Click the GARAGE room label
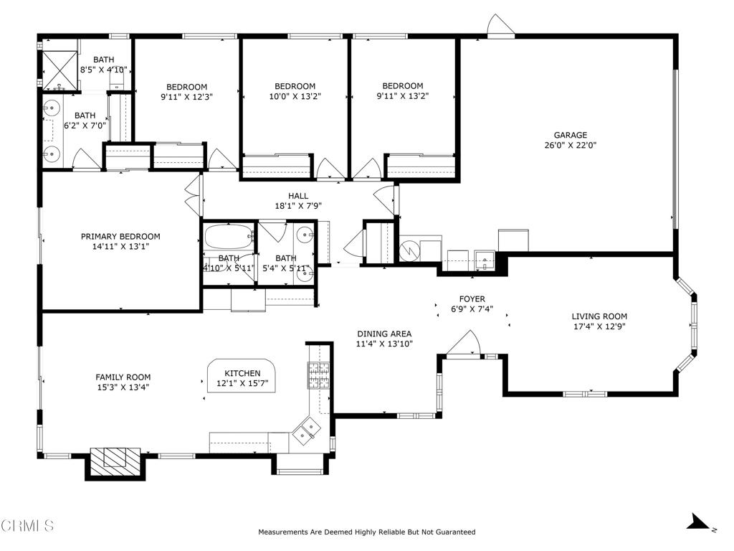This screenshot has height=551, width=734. click(x=570, y=135)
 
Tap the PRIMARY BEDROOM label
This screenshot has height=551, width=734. click(x=120, y=237)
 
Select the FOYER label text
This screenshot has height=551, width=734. click(x=472, y=299)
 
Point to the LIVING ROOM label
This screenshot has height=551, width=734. click(x=599, y=316)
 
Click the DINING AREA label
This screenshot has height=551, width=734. click(x=384, y=334)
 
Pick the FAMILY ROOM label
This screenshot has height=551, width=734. click(x=123, y=377)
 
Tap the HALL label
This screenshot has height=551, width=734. click(x=298, y=196)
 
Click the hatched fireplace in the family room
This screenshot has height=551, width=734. click(x=115, y=462)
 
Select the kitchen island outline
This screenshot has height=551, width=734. click(x=242, y=376)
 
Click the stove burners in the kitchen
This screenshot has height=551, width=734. click(x=318, y=375)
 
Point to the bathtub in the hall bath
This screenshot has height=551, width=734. click(x=229, y=237)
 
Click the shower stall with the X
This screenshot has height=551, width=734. click(x=60, y=70)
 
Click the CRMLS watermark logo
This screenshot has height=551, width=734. click(x=27, y=525)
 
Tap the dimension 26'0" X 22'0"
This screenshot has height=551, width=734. click(x=570, y=145)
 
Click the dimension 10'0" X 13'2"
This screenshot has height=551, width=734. click(x=295, y=97)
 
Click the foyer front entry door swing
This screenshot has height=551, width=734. click(x=464, y=343)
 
